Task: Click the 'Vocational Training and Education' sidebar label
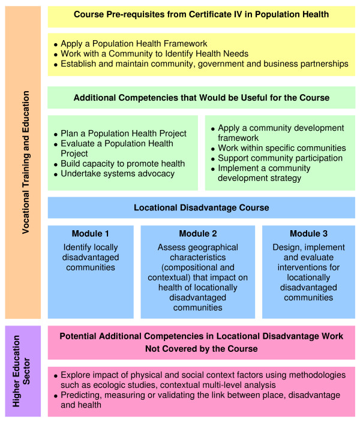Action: pyautogui.click(x=25, y=162)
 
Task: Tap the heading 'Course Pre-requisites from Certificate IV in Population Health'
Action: pyautogui.click(x=201, y=14)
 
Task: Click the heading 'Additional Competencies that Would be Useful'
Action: pyautogui.click(x=201, y=97)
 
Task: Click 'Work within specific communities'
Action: pyautogui.click(x=281, y=148)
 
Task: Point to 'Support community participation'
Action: pyautogui.click(x=280, y=158)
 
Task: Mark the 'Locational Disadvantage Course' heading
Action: pyautogui.click(x=201, y=207)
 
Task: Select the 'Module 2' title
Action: pyautogui.click(x=197, y=233)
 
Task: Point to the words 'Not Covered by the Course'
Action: pyautogui.click(x=201, y=349)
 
